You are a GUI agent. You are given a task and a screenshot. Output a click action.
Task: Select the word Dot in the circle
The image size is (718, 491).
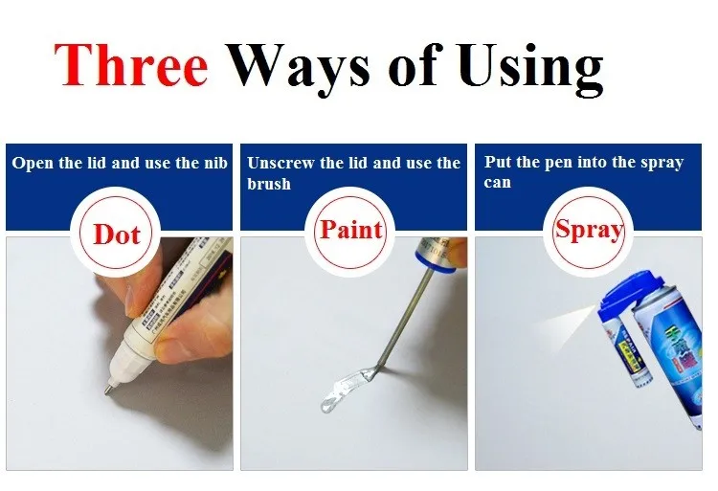pos(117,234)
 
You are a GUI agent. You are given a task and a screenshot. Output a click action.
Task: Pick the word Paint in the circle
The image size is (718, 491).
pos(350,230)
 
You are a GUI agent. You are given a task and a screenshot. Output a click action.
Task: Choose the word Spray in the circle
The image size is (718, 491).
pos(588,231)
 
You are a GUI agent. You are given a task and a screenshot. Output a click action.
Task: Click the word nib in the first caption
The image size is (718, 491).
pos(214,163)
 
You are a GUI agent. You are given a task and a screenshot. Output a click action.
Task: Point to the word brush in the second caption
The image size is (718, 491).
pos(268,183)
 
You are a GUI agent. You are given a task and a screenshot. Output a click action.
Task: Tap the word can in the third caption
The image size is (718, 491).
pos(497,182)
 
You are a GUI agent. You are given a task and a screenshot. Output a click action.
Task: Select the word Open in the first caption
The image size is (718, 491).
pos(33,163)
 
